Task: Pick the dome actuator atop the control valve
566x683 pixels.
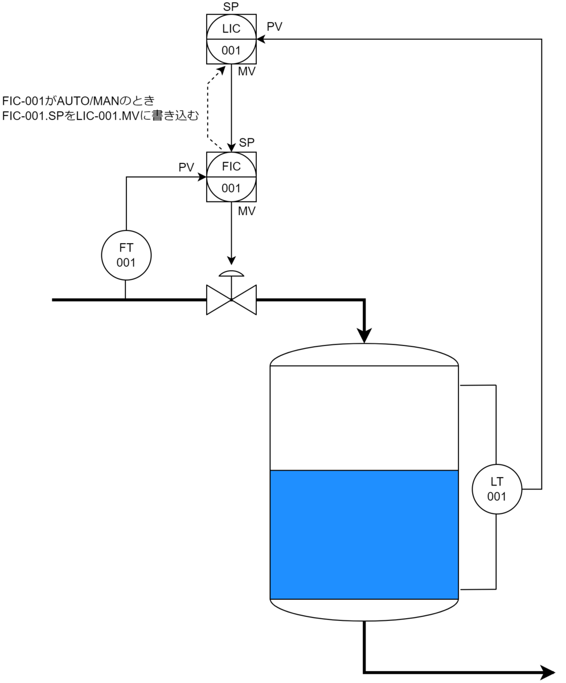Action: coord(231,273)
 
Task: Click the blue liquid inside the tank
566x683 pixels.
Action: coord(364,534)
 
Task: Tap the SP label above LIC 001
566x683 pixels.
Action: coord(231,6)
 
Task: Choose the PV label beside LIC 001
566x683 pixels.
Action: coord(274,27)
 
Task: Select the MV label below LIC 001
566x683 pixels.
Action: coord(247,71)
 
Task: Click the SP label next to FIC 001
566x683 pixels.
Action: coord(247,142)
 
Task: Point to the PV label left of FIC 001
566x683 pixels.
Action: coord(186,167)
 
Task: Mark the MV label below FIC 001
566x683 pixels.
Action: coord(247,211)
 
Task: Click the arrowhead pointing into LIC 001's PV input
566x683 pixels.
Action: coord(261,39)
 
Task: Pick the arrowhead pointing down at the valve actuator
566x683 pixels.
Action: coord(231,260)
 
